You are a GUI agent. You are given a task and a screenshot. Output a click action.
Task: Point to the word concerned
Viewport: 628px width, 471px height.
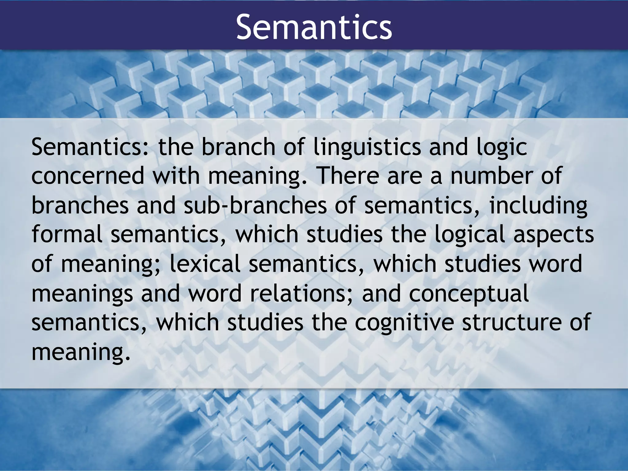pyautogui.click(x=88, y=176)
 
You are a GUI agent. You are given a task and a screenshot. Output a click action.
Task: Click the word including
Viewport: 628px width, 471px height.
pyautogui.click(x=538, y=205)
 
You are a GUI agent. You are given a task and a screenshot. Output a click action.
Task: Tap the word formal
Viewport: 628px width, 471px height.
pyautogui.click(x=67, y=234)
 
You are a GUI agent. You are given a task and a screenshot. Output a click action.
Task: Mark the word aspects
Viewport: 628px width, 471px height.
pyautogui.click(x=553, y=234)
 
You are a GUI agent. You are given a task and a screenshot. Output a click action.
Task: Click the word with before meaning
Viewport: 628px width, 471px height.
pyautogui.click(x=176, y=176)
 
